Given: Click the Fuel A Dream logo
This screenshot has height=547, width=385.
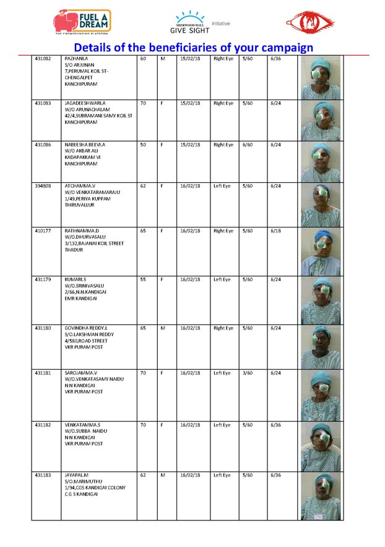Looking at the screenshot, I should click(x=82, y=22).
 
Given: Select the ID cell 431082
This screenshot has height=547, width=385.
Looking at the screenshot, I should click(x=43, y=59).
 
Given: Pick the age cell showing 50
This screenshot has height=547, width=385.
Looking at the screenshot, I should click(x=143, y=145).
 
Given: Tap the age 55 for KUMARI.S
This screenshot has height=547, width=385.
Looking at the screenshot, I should click(x=143, y=279).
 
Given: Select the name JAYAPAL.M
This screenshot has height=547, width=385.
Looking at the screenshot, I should click(x=77, y=475).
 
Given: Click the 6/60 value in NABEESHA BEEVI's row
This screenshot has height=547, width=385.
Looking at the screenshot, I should click(x=248, y=145).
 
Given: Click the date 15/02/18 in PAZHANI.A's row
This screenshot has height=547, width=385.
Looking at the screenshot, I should click(x=188, y=59).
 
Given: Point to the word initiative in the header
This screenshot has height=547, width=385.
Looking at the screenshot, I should click(x=221, y=23).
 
